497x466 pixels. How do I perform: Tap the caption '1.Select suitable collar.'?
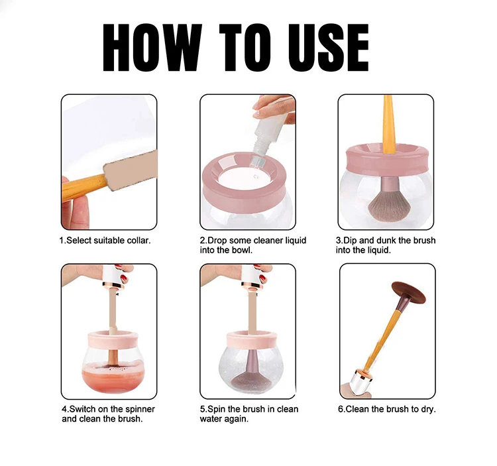pyautogui.click(x=105, y=241)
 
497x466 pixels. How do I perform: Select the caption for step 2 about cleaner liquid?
pyautogui.click(x=252, y=245)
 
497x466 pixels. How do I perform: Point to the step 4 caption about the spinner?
pyautogui.click(x=108, y=414)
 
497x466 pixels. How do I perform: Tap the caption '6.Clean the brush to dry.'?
pyautogui.click(x=386, y=410)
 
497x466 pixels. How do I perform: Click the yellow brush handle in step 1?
pyautogui.click(x=83, y=187)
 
